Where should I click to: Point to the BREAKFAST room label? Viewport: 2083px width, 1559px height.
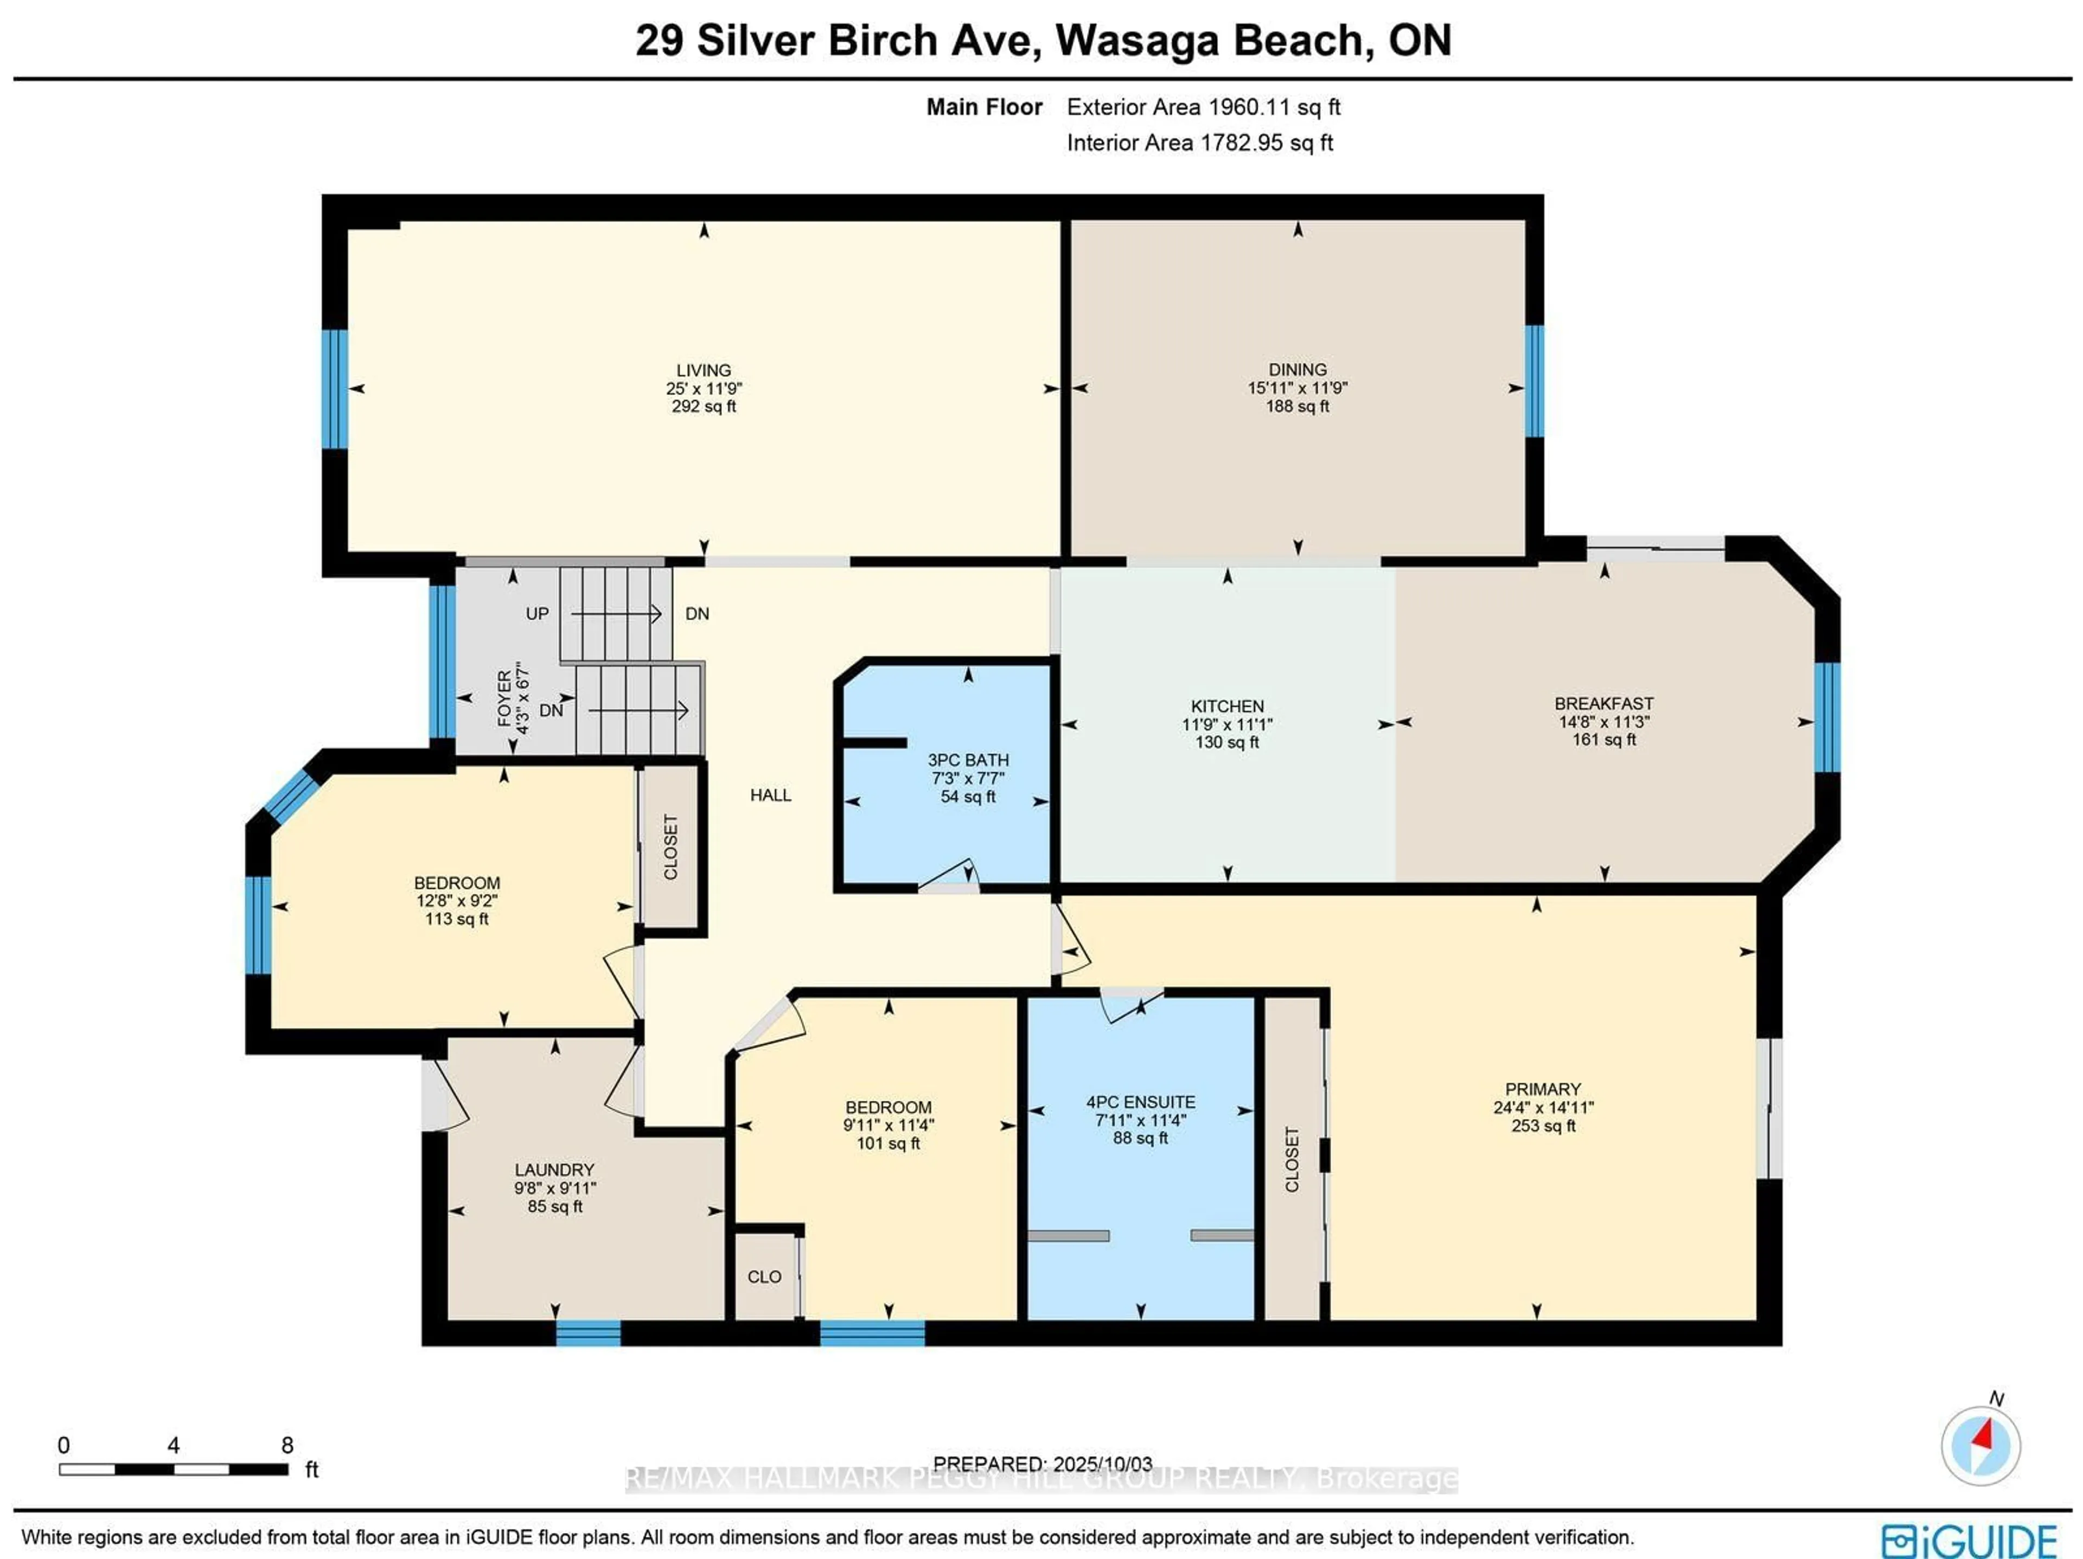[1603, 703]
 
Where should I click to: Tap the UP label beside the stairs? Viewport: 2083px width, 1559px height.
[537, 614]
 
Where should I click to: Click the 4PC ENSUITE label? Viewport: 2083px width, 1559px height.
[1140, 1101]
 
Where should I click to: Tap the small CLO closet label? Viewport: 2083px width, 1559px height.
[764, 1276]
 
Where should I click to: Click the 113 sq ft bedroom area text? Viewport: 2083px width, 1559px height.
[457, 919]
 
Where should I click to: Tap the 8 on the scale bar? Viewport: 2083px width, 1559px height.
[287, 1445]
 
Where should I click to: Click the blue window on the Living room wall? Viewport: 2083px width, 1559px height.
[335, 389]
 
